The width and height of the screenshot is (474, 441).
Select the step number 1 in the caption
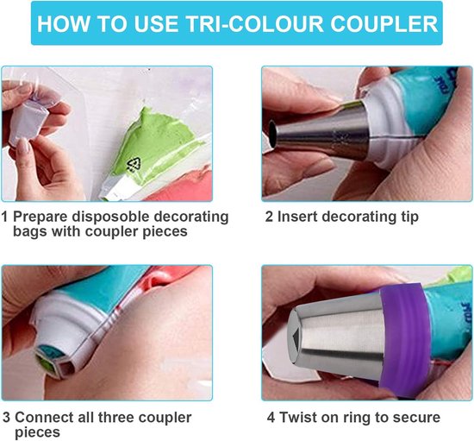[5, 217]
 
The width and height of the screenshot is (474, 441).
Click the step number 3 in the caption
[6, 418]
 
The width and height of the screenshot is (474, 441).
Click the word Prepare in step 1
[41, 217]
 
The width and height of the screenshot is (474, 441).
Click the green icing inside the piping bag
[164, 129]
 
